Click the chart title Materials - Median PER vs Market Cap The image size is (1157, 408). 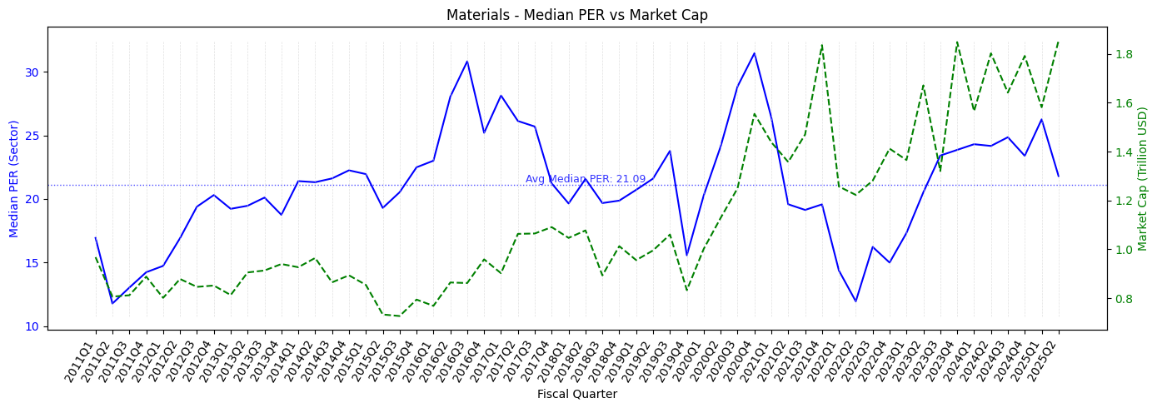[577, 15]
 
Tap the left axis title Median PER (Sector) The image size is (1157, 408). [14, 177]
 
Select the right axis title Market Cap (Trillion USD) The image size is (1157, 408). [1142, 177]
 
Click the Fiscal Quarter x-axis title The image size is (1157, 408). [577, 394]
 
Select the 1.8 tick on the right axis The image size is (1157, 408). [1124, 55]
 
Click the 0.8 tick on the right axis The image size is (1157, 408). [1124, 299]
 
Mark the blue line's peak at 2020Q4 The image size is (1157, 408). [754, 53]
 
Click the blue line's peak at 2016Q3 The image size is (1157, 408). [466, 61]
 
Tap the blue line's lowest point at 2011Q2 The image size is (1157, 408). [112, 303]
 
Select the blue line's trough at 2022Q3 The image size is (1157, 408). [855, 301]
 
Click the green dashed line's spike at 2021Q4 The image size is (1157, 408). [822, 44]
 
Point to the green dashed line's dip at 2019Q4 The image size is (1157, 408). [686, 291]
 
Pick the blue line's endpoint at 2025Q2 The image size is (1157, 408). [1059, 176]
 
